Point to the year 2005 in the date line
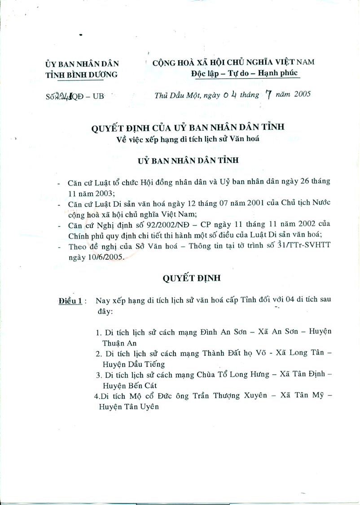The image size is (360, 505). pyautogui.click(x=299, y=95)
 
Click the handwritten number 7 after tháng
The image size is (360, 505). pyautogui.click(x=269, y=95)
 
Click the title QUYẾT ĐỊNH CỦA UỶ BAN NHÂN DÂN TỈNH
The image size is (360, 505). pyautogui.click(x=188, y=128)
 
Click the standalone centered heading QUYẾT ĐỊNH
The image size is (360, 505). pyautogui.click(x=192, y=278)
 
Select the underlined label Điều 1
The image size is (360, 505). pyautogui.click(x=70, y=301)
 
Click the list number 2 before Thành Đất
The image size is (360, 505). pyautogui.click(x=98, y=354)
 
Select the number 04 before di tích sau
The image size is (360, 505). pyautogui.click(x=283, y=301)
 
